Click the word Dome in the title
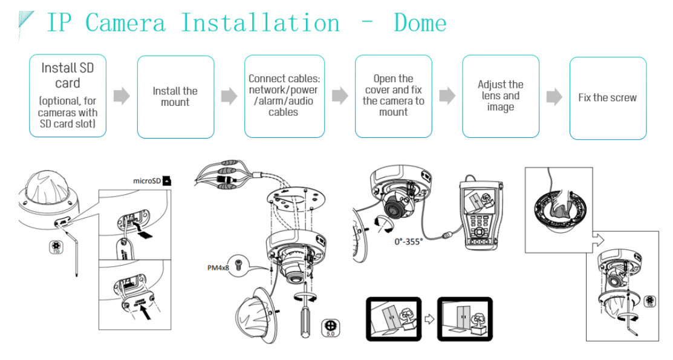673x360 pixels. coord(420,24)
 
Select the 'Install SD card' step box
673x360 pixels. coord(68,97)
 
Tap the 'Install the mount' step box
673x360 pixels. coord(175,97)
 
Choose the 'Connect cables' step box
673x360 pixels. coord(284,96)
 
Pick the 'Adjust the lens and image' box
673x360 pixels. coord(500,96)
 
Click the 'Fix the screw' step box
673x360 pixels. coord(608,97)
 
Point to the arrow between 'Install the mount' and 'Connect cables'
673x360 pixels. coord(229,96)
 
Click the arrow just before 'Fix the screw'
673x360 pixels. coord(554,97)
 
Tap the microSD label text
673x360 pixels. coord(146,180)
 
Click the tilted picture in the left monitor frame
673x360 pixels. coord(392,319)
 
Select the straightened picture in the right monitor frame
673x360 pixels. coord(464,319)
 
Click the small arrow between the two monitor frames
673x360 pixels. coord(429,319)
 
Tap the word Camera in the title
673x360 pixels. coord(125,24)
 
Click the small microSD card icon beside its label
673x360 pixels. coord(167,180)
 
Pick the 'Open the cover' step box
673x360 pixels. coord(393,96)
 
